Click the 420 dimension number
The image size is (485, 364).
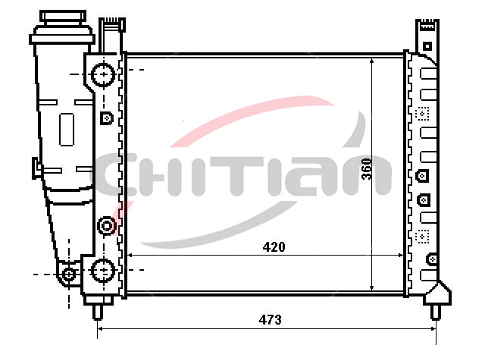tap(274, 247)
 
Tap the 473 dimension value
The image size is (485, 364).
tap(271, 319)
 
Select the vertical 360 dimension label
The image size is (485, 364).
tap(367, 169)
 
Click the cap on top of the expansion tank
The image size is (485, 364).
tap(63, 17)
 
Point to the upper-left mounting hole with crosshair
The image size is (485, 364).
tap(103, 74)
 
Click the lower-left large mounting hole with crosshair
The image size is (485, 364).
tap(103, 270)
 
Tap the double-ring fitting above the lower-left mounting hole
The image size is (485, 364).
tap(107, 226)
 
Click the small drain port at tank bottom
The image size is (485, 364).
tap(69, 275)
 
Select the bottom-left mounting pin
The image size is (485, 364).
tap(98, 312)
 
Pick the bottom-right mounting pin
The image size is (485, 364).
tap(436, 312)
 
